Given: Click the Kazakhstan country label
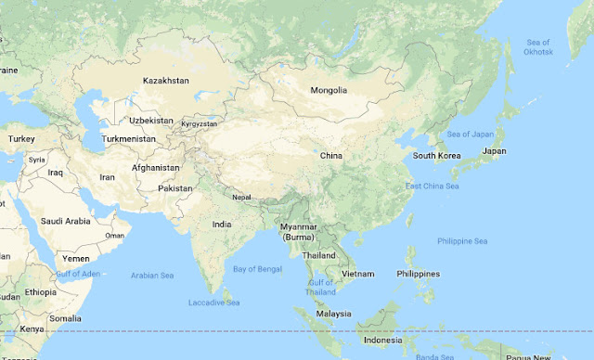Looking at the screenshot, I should (x=166, y=81).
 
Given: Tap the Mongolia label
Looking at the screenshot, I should (x=329, y=90).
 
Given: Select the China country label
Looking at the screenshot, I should (x=330, y=156).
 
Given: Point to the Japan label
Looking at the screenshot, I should (x=495, y=150).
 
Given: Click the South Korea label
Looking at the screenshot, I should (x=437, y=155).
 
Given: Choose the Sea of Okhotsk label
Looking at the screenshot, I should (x=538, y=46).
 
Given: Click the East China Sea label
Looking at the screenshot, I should (x=433, y=186).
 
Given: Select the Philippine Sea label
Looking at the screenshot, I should (x=462, y=241).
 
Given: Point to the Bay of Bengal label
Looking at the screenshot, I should (x=258, y=268).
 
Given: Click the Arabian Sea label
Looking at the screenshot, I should (x=153, y=275).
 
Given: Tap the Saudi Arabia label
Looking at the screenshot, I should (x=65, y=221).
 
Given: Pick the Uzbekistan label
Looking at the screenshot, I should (x=151, y=121).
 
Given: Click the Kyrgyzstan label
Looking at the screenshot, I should (x=199, y=123).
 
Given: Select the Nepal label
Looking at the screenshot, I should (x=241, y=197).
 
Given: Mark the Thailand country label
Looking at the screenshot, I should (x=318, y=255).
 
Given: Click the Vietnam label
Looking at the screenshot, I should (x=357, y=274).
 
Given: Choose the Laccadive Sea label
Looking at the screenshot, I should (x=214, y=302).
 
